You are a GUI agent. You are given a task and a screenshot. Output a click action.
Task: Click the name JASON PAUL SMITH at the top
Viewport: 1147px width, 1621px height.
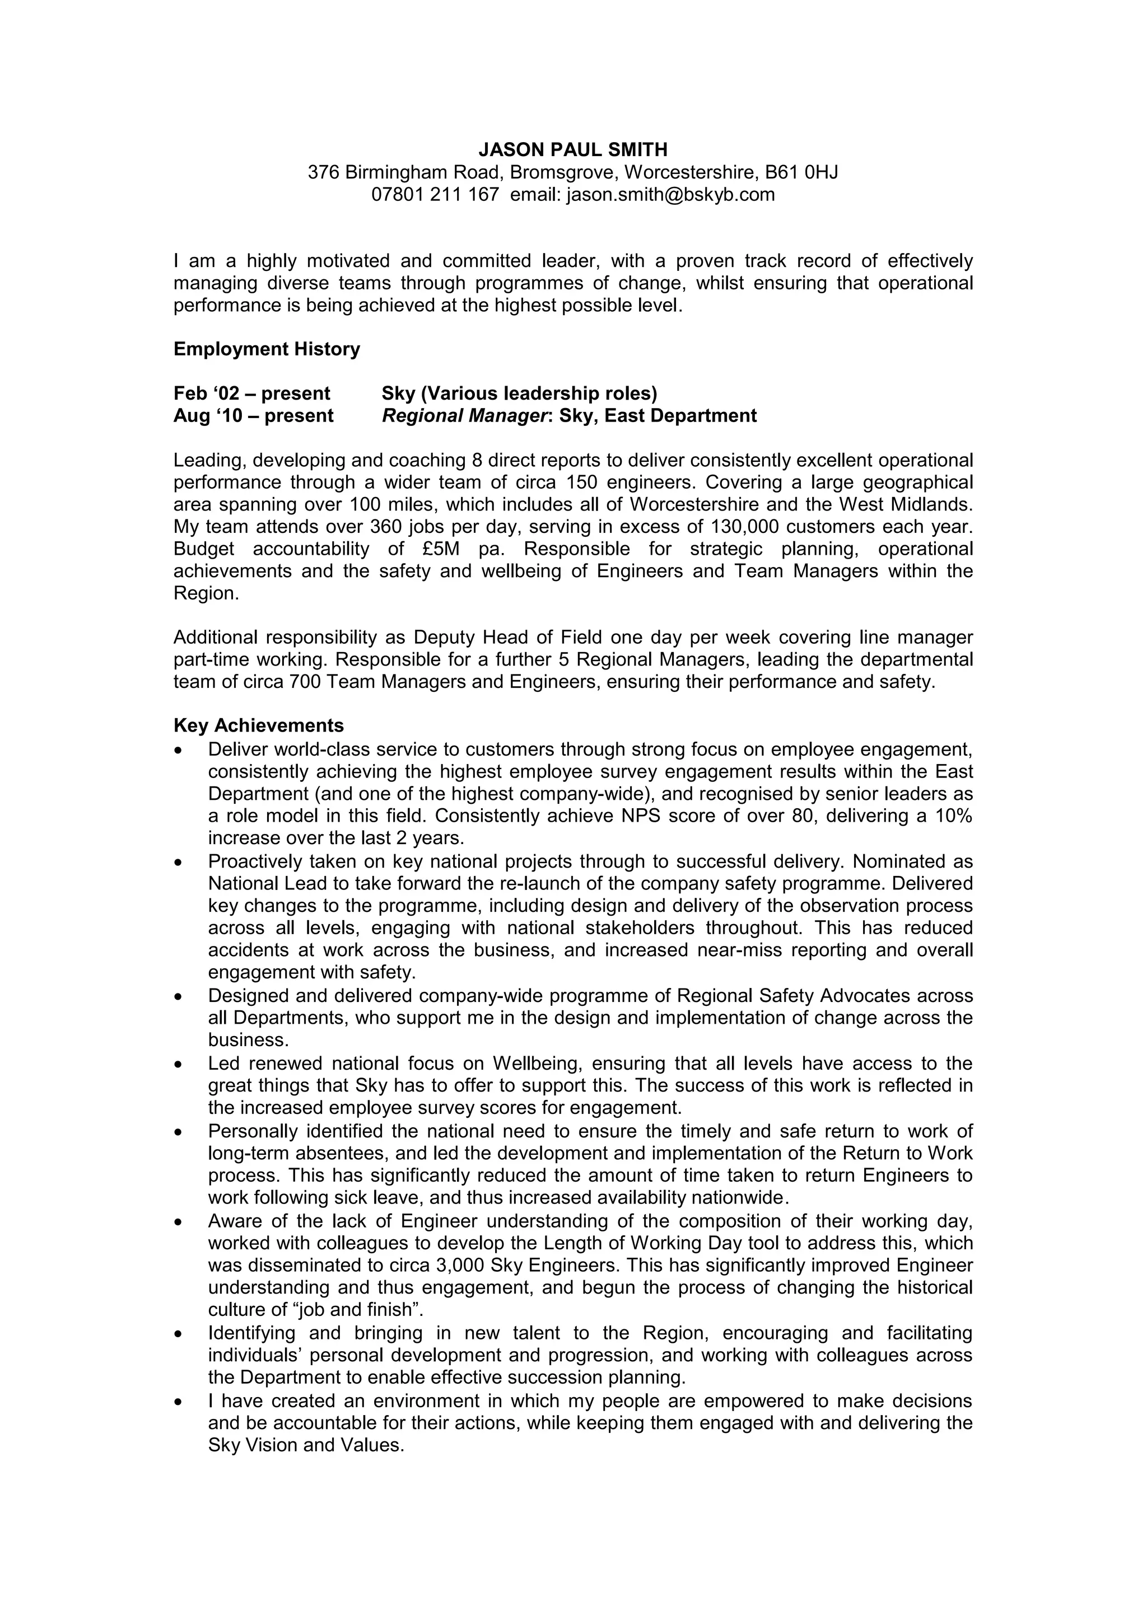pyautogui.click(x=573, y=149)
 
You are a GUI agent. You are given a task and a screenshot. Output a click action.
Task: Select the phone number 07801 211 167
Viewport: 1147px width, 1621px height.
pyautogui.click(x=435, y=195)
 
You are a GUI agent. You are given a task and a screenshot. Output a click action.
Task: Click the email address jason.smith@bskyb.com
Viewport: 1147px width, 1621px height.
pyautogui.click(x=670, y=195)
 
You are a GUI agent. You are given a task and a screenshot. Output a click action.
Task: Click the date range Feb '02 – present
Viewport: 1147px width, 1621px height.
pyautogui.click(x=251, y=393)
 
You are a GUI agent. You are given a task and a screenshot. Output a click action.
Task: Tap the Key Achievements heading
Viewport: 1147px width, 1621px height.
pyautogui.click(x=259, y=726)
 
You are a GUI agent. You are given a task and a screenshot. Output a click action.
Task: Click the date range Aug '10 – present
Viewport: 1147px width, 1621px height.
pyautogui.click(x=254, y=416)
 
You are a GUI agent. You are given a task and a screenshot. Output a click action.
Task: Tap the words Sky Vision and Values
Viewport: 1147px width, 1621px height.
pyautogui.click(x=305, y=1445)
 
